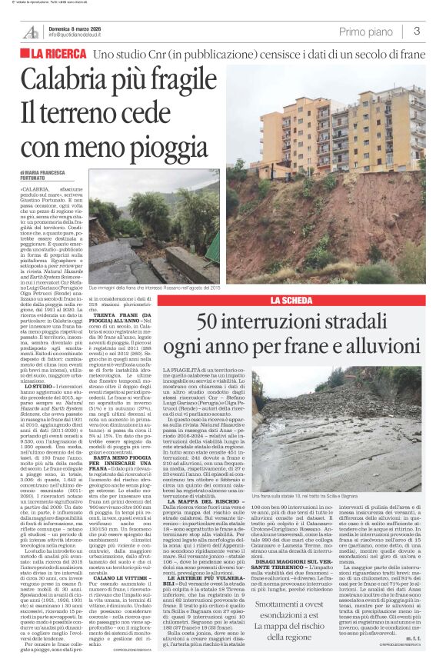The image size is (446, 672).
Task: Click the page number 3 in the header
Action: pyautogui.click(x=416, y=31)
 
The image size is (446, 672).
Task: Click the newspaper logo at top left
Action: pyautogui.click(x=32, y=32)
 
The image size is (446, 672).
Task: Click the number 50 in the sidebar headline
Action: pyautogui.click(x=211, y=322)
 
